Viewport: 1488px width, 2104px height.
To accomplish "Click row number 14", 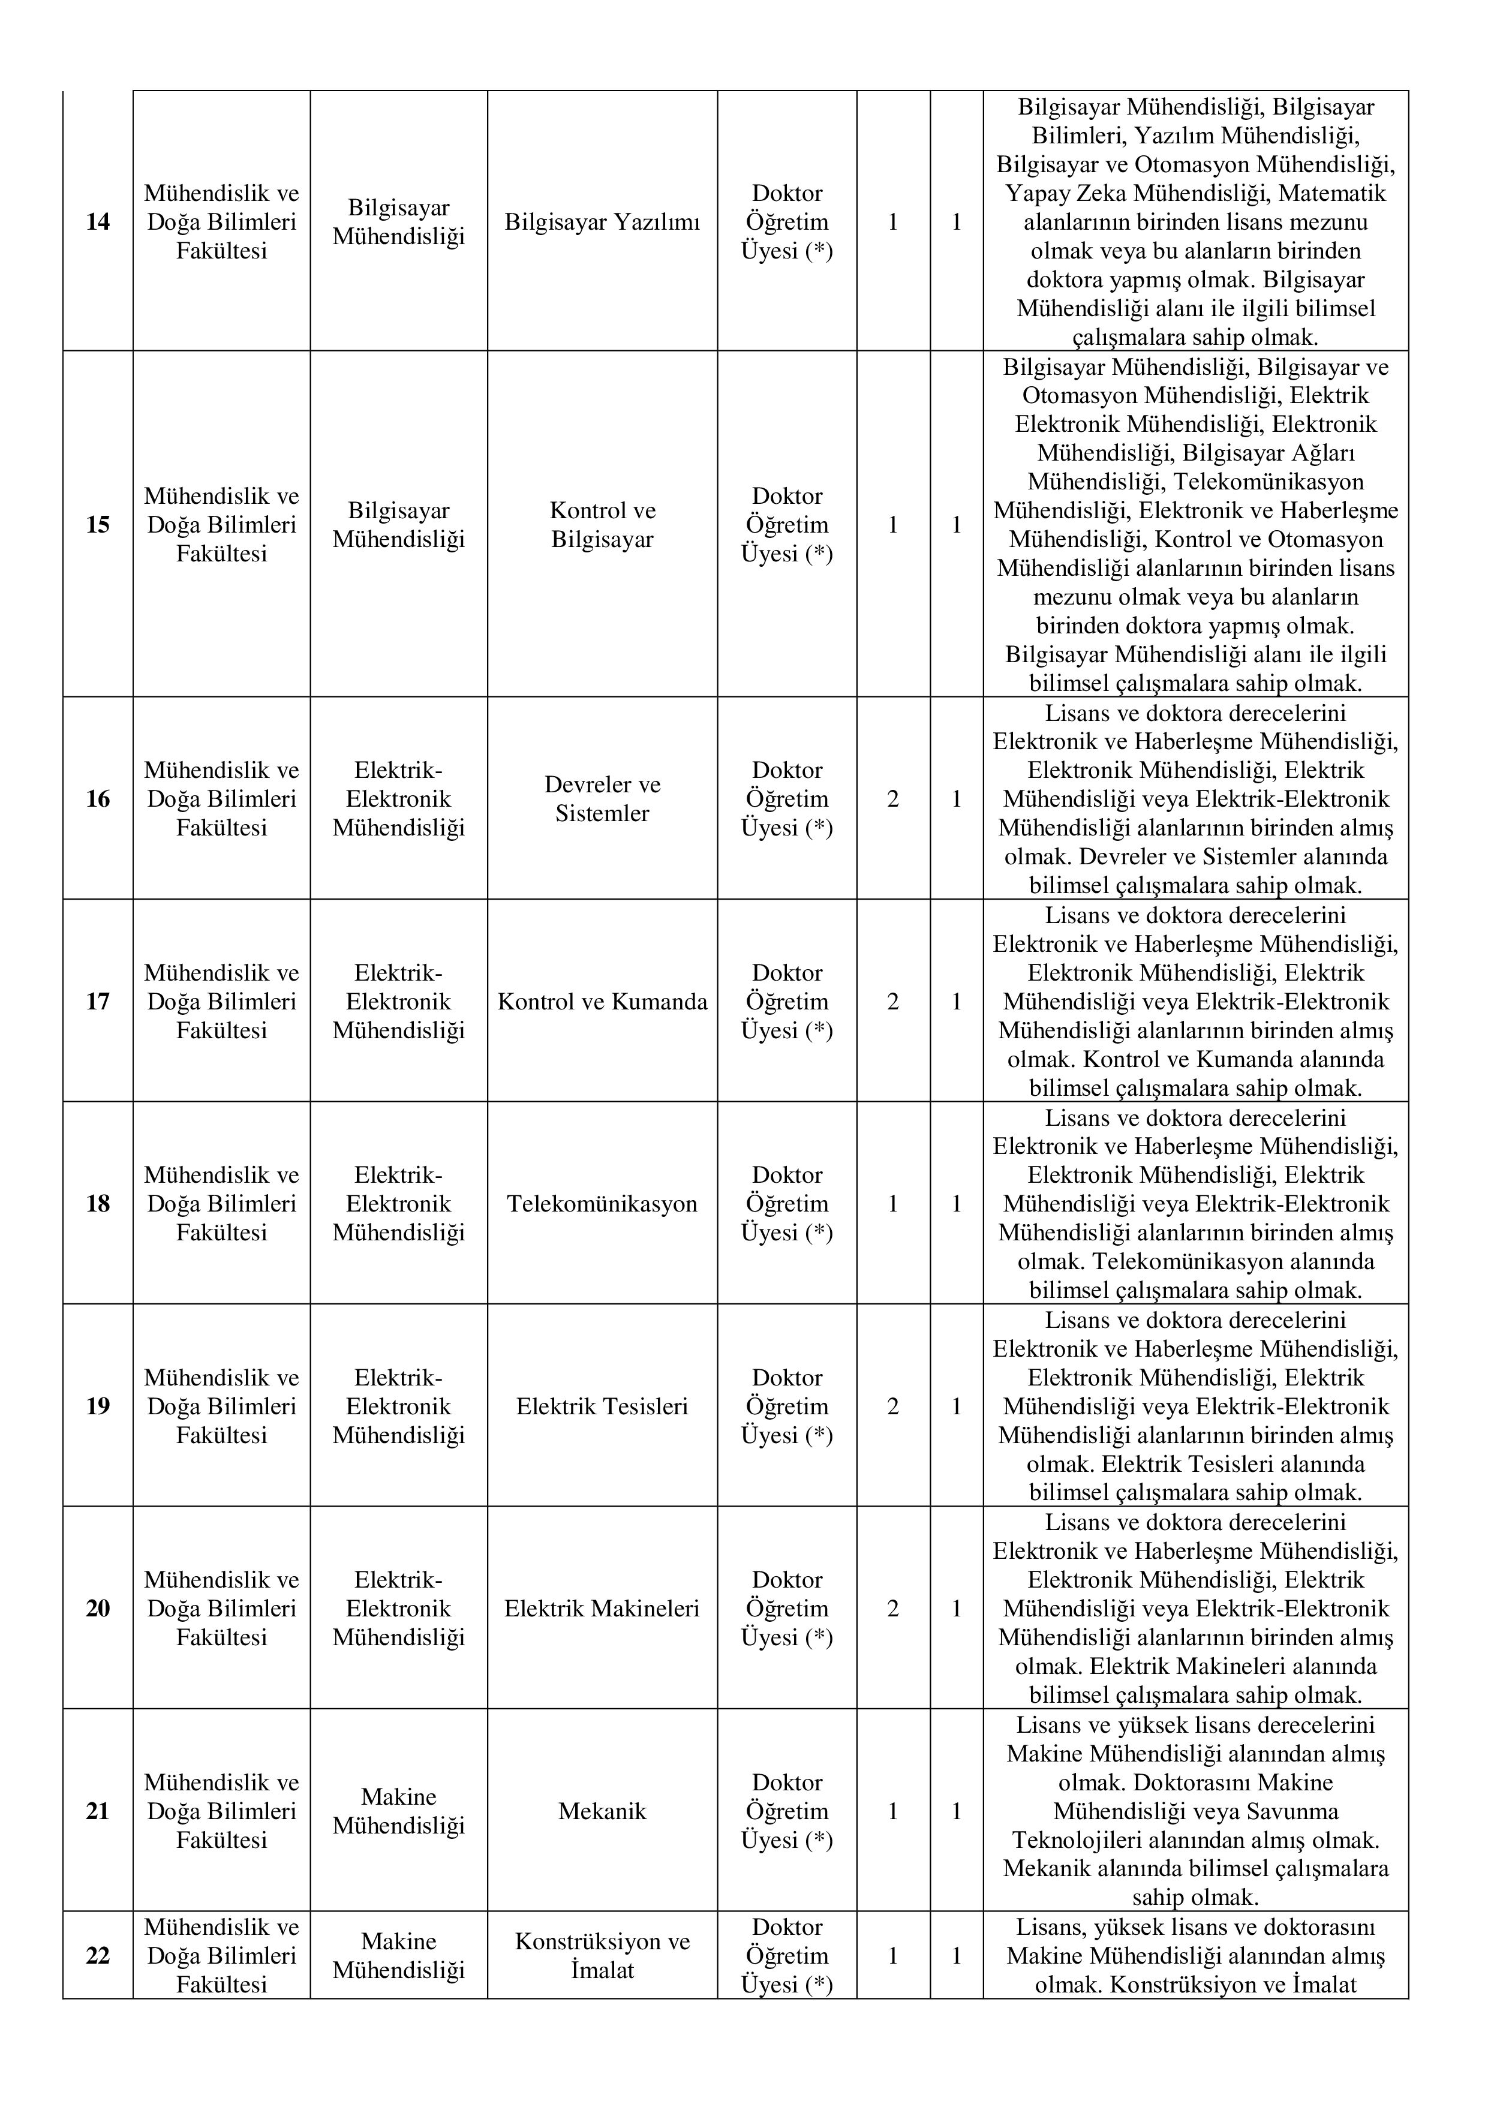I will point(97,222).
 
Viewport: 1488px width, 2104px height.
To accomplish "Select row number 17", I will point(97,1002).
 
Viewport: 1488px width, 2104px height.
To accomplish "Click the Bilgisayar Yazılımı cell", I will point(602,222).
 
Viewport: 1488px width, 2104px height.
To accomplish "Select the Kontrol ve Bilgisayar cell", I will point(602,525).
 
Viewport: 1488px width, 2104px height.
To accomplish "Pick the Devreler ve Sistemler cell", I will point(602,799).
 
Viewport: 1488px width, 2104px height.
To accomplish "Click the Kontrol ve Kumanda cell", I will point(602,1002).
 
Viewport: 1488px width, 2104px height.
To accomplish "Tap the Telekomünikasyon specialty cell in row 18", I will point(602,1204).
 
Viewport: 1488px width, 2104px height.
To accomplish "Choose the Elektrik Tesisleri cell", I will point(602,1406).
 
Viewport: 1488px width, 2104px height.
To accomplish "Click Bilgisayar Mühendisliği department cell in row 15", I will point(399,525).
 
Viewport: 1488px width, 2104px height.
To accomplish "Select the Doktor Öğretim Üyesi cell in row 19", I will point(787,1406).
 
